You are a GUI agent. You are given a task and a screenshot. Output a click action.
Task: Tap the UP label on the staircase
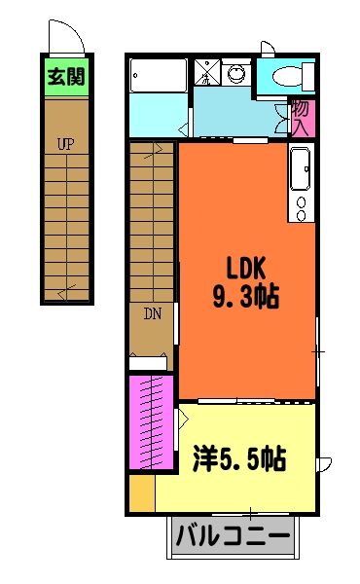[65, 144]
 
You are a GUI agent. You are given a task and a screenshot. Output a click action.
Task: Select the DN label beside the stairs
[153, 313]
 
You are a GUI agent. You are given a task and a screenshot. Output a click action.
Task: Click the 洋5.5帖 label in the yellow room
[238, 457]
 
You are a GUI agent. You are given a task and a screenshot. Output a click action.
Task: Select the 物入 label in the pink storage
[301, 119]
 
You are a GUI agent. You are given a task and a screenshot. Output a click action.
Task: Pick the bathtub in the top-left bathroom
[158, 75]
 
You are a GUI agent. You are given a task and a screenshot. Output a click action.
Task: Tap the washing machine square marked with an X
[207, 73]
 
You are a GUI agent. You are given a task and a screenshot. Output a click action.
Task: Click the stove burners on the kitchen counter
[301, 206]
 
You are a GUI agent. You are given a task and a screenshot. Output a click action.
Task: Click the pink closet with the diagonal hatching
[151, 422]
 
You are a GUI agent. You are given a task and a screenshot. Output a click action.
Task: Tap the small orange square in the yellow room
[142, 493]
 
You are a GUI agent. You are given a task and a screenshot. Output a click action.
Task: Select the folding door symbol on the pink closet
[182, 421]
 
